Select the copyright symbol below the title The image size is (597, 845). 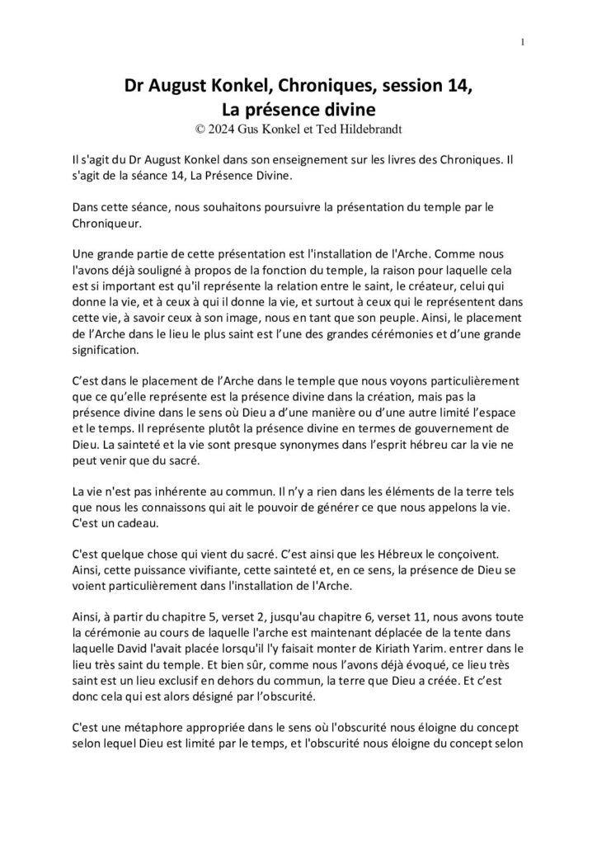tap(199, 128)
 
